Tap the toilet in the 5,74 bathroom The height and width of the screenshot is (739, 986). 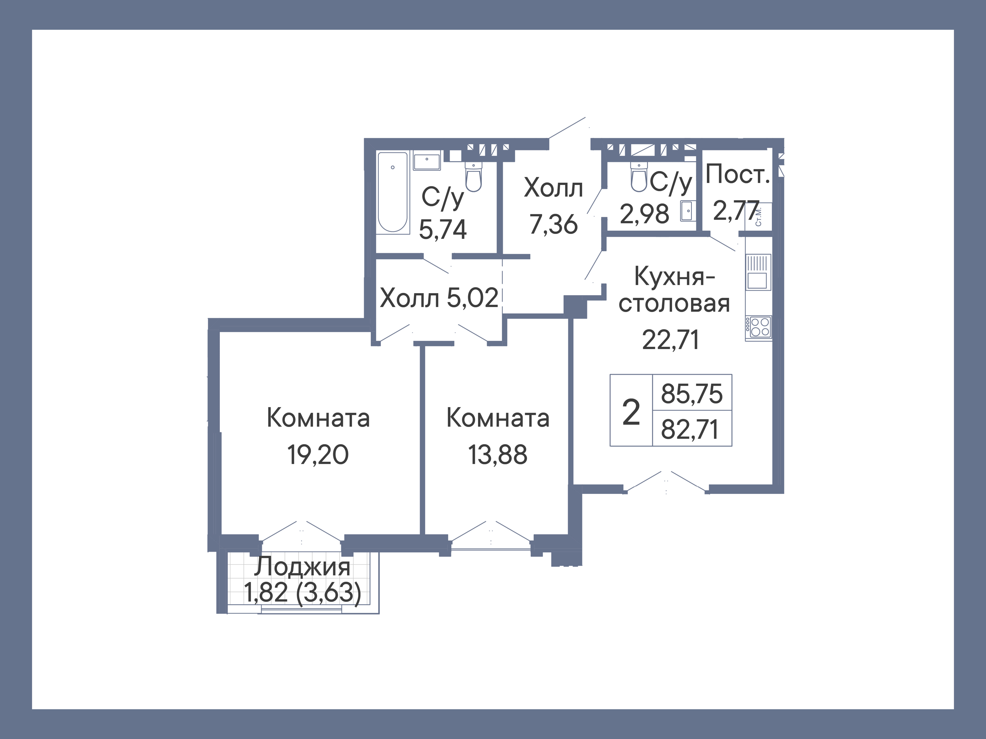[473, 177]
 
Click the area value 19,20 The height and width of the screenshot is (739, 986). [318, 455]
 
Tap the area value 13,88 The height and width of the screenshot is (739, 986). [498, 455]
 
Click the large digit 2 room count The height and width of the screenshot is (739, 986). [631, 412]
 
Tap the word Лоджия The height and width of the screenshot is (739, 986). [302, 567]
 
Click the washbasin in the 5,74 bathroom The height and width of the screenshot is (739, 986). [427, 160]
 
